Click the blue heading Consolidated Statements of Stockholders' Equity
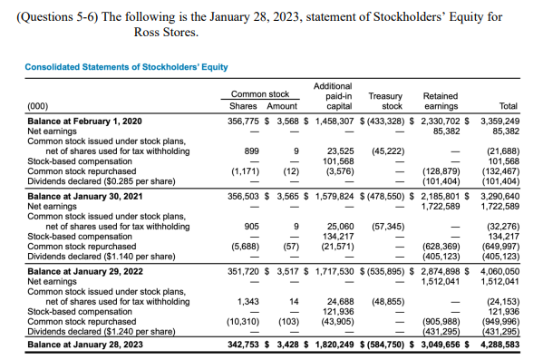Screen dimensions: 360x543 pos(126,67)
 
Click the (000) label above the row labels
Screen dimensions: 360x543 pos(39,104)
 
